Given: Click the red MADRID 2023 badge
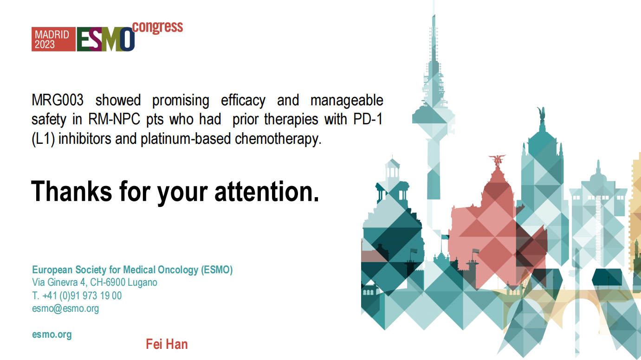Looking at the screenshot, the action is click(x=53, y=39).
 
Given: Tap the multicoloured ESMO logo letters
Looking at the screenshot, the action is click(x=105, y=39).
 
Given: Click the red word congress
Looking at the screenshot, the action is click(x=157, y=27).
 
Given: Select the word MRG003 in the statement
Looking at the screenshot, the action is click(x=58, y=100).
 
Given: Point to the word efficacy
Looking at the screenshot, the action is click(x=243, y=101).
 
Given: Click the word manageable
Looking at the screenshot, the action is click(x=347, y=101).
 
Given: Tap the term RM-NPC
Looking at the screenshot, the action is click(x=114, y=119).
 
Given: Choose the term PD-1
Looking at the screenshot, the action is click(x=368, y=119).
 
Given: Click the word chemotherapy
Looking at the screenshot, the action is click(x=278, y=139).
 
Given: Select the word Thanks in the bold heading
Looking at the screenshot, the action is click(x=71, y=191).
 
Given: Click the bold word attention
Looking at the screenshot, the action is click(x=266, y=191).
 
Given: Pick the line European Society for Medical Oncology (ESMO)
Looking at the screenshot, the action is click(x=132, y=270).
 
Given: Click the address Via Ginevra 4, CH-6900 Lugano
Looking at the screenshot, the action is click(x=94, y=283).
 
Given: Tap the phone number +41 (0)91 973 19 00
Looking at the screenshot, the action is click(x=82, y=296).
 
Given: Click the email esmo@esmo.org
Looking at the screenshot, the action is click(x=65, y=309).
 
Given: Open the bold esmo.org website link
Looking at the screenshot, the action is click(x=52, y=334).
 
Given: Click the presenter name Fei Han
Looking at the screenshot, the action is click(x=167, y=344).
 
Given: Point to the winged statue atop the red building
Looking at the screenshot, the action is click(x=498, y=161).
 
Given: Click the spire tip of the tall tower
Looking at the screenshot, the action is click(x=434, y=15).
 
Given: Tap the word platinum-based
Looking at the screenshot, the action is click(x=186, y=139).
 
